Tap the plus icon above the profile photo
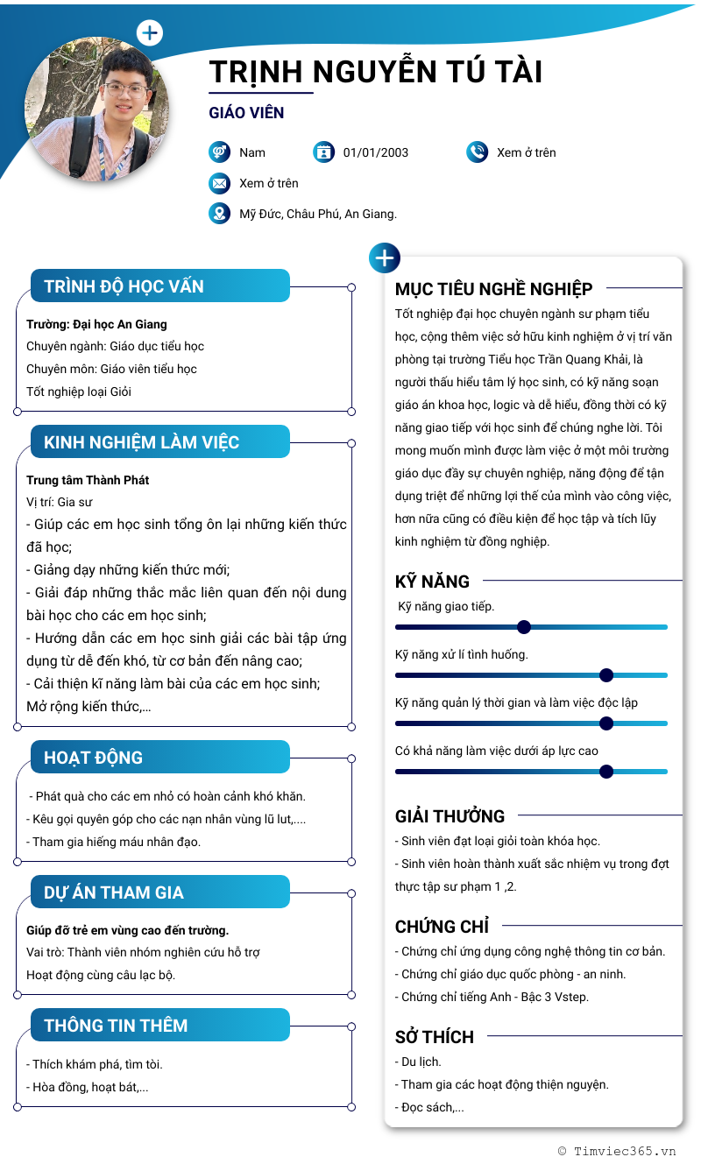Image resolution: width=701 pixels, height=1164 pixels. tap(150, 33)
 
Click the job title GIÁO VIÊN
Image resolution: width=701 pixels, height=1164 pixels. tap(246, 113)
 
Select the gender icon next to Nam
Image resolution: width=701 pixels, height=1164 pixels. tap(219, 152)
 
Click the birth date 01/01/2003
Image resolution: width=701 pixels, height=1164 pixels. tap(376, 152)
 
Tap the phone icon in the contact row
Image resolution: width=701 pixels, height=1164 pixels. tap(477, 152)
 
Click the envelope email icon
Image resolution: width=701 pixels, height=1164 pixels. tap(219, 183)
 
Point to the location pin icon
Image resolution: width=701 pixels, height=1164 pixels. tap(219, 214)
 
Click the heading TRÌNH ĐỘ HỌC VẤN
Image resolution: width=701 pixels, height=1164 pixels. tap(124, 286)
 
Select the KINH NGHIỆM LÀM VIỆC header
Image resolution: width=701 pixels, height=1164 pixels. tap(141, 442)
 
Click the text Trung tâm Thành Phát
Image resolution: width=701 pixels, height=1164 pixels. tap(88, 480)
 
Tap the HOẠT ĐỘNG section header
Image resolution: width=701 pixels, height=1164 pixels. tap(93, 758)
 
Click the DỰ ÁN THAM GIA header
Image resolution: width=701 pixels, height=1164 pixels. tap(114, 892)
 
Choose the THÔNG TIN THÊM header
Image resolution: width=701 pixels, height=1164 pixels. tap(116, 1026)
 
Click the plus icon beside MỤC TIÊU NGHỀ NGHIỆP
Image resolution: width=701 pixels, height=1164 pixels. tap(385, 258)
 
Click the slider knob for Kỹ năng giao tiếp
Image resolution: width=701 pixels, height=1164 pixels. tap(524, 627)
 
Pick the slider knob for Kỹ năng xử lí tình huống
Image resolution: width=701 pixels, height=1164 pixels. tap(605, 675)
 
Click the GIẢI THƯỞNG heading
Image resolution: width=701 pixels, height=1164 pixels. tap(450, 816)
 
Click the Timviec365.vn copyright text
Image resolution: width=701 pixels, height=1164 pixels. tap(617, 1151)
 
